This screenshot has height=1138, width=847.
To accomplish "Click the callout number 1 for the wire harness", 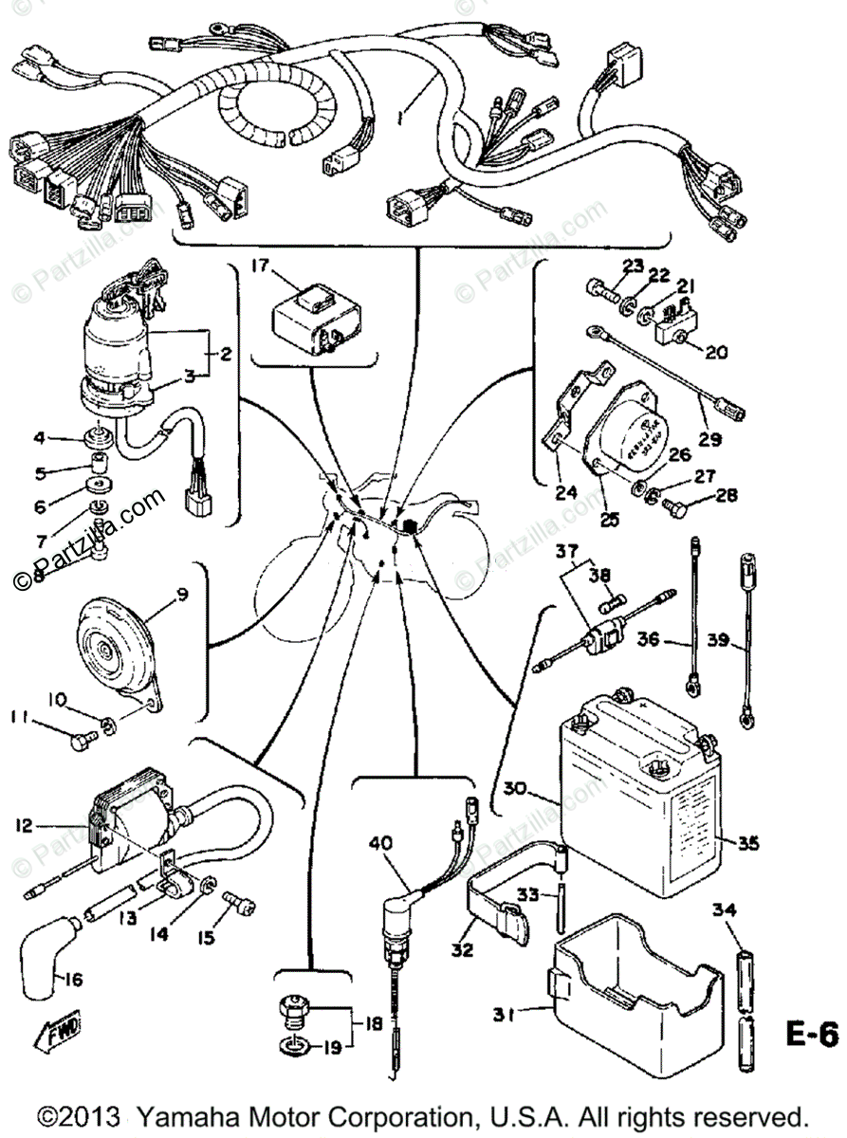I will pos(402,120).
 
